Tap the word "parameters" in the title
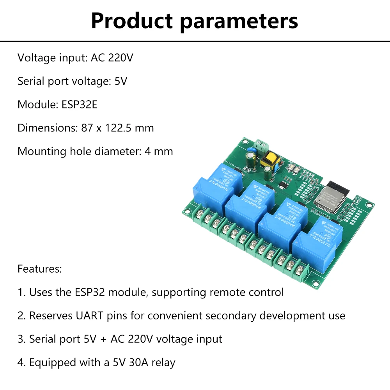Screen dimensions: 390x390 [x=239, y=21]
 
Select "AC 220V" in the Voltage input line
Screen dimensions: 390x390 [x=112, y=58]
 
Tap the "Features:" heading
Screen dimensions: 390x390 [x=39, y=269]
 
